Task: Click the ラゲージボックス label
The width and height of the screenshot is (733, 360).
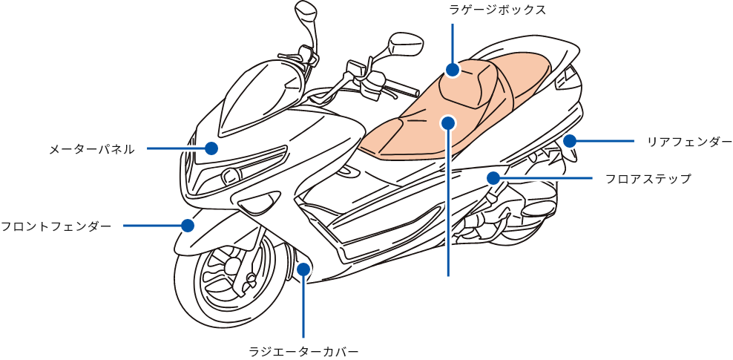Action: pyautogui.click(x=498, y=10)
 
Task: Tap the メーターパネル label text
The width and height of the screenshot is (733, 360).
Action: pyautogui.click(x=91, y=149)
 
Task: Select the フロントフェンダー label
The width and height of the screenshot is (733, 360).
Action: pyautogui.click(x=56, y=226)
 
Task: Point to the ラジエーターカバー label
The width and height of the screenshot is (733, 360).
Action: pyautogui.click(x=303, y=350)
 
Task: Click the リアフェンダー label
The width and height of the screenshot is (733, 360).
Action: pyautogui.click(x=689, y=142)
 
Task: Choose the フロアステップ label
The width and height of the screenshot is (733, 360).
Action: pyautogui.click(x=648, y=179)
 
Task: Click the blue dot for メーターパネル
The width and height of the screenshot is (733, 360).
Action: pyautogui.click(x=211, y=148)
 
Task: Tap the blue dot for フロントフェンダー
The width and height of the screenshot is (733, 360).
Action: pyautogui.click(x=187, y=225)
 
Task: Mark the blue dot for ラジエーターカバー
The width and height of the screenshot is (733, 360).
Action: pyautogui.click(x=303, y=269)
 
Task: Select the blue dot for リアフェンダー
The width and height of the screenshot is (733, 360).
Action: pyautogui.click(x=570, y=140)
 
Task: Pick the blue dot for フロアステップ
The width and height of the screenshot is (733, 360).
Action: pyautogui.click(x=493, y=178)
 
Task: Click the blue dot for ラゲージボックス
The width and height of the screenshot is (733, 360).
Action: pyautogui.click(x=453, y=71)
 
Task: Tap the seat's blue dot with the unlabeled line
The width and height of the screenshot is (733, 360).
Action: pyautogui.click(x=447, y=122)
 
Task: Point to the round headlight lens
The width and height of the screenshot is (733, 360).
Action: pyautogui.click(x=229, y=177)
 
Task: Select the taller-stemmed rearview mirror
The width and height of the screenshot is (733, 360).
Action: pyautogui.click(x=306, y=13)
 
